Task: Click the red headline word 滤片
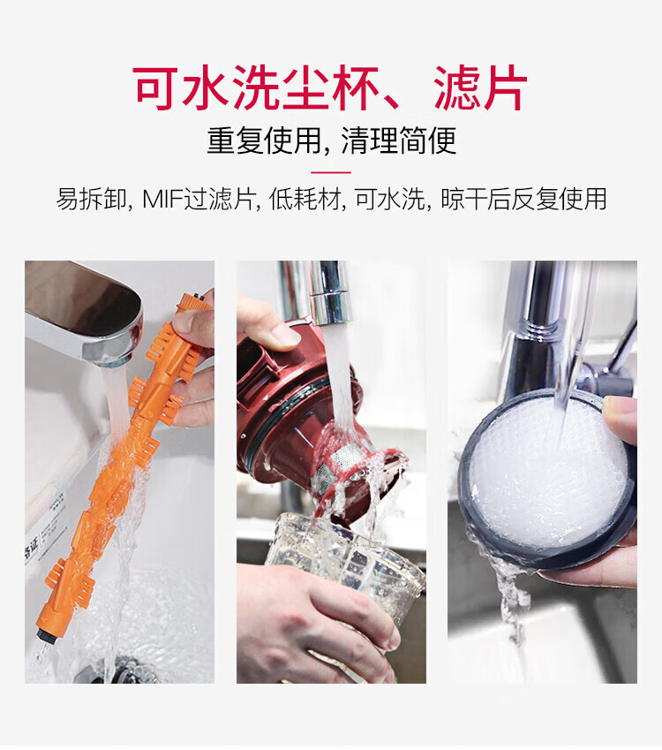(x=480, y=88)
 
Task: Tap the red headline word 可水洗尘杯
(x=256, y=88)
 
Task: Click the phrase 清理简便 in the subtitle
(x=399, y=140)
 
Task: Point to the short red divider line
(x=331, y=172)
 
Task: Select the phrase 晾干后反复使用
(x=523, y=199)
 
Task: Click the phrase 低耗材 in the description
(x=305, y=199)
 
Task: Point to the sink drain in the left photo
(x=115, y=670)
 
